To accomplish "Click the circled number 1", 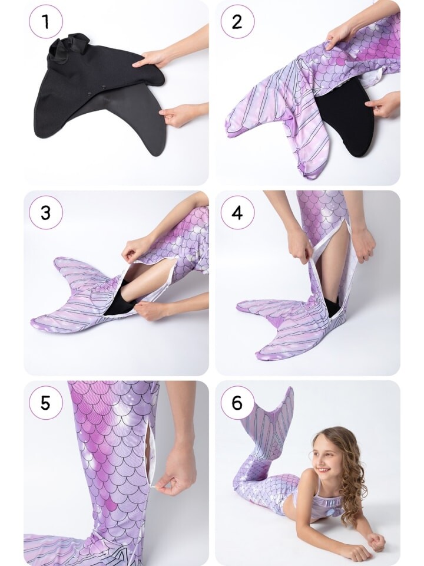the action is pyautogui.click(x=46, y=22).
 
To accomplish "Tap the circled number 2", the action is pyautogui.click(x=237, y=22).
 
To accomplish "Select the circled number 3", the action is pyautogui.click(x=46, y=212).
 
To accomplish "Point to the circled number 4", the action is pyautogui.click(x=237, y=212).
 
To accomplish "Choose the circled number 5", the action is pyautogui.click(x=46, y=403).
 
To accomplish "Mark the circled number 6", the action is pyautogui.click(x=237, y=403).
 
